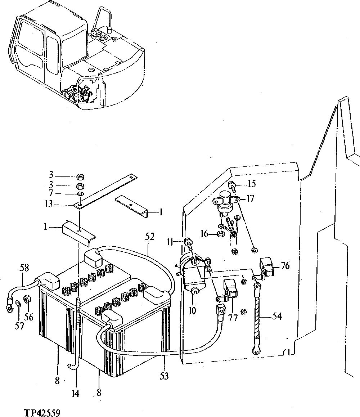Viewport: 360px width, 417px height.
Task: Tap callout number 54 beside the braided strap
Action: coord(277,317)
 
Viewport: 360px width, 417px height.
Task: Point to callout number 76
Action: coord(285,266)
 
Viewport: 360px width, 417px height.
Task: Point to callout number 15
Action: coord(252,184)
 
